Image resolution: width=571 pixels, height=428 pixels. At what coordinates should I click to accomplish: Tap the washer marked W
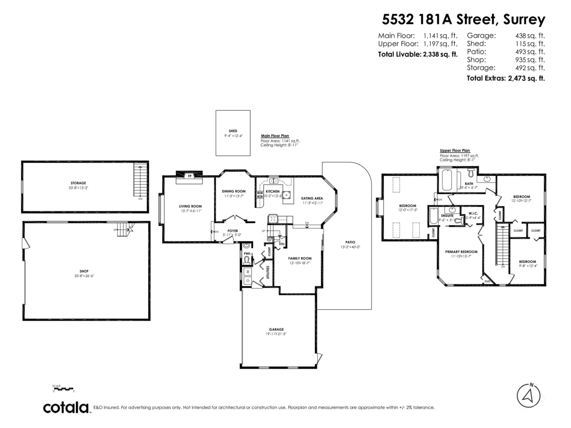click(x=248, y=272)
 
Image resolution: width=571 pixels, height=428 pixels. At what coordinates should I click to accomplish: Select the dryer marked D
click(x=248, y=282)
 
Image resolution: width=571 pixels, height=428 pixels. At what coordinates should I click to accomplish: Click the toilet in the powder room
click(x=246, y=260)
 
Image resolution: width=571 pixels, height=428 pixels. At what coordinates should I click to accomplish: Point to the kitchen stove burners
click(x=260, y=194)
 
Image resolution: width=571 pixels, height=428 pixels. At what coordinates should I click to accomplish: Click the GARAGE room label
click(x=276, y=329)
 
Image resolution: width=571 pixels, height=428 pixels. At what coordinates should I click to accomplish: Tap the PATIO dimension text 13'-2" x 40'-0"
click(x=350, y=247)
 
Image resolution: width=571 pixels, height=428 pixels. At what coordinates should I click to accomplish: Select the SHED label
click(x=233, y=131)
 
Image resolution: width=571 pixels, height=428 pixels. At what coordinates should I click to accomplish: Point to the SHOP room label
click(x=84, y=271)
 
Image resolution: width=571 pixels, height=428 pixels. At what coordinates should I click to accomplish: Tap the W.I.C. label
click(x=473, y=214)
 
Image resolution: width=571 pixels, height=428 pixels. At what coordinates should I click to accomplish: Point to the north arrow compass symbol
click(x=528, y=394)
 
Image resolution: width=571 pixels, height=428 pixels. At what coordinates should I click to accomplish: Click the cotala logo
click(x=66, y=408)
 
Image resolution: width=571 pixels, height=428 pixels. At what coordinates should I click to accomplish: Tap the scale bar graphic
click(x=63, y=389)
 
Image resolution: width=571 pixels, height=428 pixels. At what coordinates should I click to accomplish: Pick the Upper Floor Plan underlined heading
click(x=455, y=150)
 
